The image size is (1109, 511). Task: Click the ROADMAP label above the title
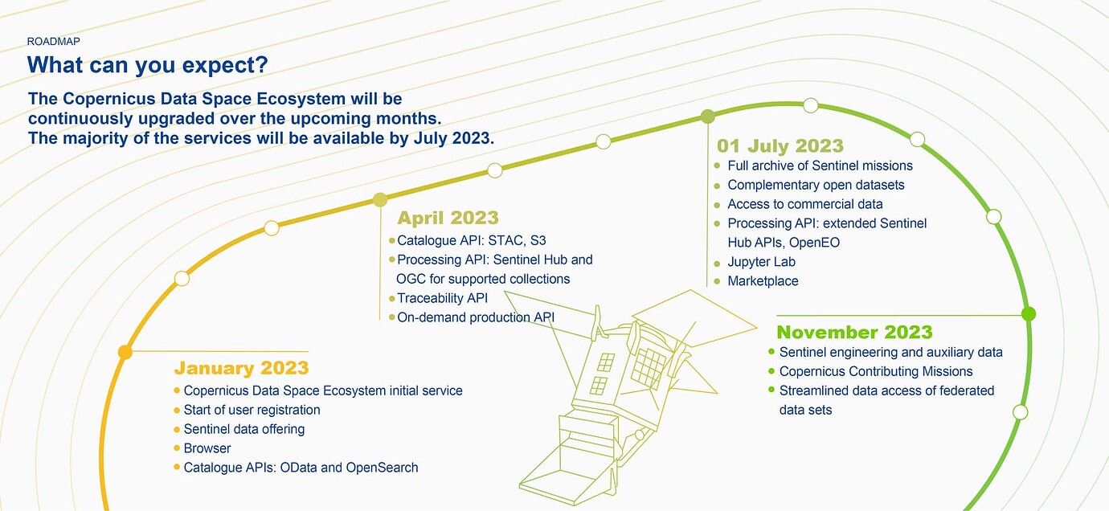(53, 40)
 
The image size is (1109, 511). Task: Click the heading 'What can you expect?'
(147, 65)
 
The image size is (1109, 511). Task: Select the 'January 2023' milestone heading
(241, 368)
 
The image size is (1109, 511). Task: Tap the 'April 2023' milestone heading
(448, 218)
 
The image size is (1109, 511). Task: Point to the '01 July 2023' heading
(780, 146)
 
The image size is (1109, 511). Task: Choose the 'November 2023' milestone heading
(854, 333)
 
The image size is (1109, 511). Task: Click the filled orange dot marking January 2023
(125, 352)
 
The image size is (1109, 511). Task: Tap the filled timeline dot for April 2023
(381, 199)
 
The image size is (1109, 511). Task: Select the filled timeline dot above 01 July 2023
(707, 117)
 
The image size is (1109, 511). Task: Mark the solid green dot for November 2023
(1028, 313)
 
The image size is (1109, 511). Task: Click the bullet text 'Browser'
(207, 448)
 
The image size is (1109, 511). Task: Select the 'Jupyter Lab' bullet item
(761, 262)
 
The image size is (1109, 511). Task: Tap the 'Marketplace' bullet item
(763, 281)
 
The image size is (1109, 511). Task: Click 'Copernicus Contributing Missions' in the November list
(876, 371)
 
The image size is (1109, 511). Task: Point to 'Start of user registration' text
(252, 410)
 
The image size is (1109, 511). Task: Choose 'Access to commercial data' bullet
(804, 204)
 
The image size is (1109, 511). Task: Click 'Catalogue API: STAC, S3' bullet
(471, 240)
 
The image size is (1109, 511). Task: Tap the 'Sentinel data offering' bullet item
(243, 429)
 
